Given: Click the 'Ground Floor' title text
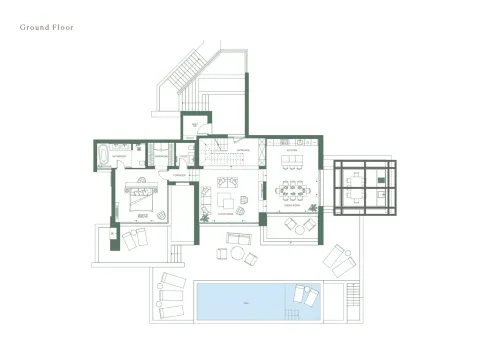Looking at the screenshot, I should (47, 27).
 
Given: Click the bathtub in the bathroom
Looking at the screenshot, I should (105, 156).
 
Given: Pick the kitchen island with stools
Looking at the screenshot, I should (292, 160).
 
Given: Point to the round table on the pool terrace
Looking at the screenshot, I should (238, 254).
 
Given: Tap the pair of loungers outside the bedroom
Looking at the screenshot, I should (132, 238).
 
